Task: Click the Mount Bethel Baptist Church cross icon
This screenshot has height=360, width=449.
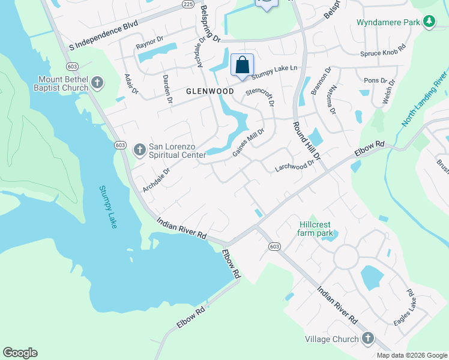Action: pyautogui.click(x=98, y=82)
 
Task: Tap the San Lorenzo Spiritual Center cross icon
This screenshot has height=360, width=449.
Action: pyautogui.click(x=139, y=149)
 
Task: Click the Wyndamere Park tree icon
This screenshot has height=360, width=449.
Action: pyautogui.click(x=429, y=22)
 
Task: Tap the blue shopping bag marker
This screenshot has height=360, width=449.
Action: pyautogui.click(x=242, y=65)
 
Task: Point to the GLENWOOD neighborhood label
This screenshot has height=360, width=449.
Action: pyautogui.click(x=209, y=91)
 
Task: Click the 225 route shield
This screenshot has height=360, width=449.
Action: pyautogui.click(x=187, y=4)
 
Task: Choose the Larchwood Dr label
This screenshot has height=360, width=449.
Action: pyautogui.click(x=295, y=166)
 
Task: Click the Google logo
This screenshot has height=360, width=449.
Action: pyautogui.click(x=20, y=353)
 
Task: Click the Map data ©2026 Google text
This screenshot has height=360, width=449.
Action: pyautogui.click(x=411, y=355)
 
